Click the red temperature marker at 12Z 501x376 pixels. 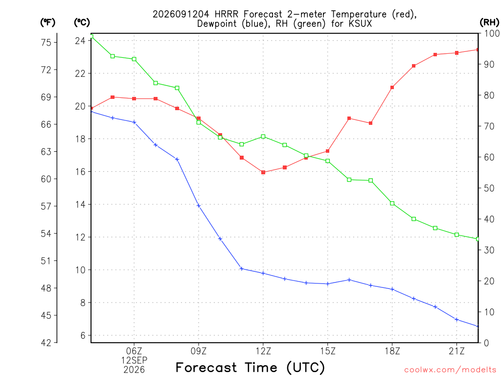263,172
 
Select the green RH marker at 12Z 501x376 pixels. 263,137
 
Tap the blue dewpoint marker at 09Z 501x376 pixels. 199,206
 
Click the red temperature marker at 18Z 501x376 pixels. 392,87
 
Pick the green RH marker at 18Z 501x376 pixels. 392,203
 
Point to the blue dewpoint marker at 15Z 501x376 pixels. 327,283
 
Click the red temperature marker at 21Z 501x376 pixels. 456,53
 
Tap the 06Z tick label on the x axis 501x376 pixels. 134,351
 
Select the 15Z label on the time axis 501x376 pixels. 327,351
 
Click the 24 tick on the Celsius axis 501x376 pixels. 80,41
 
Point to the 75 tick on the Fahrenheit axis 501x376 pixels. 46,42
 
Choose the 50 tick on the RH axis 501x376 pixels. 489,188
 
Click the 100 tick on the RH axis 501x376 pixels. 492,33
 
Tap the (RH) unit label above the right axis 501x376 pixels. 489,23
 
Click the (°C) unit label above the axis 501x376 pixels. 82,23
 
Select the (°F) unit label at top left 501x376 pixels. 47,23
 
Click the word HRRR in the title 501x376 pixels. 227,14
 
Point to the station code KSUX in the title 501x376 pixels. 360,23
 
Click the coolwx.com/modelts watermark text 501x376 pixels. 450,370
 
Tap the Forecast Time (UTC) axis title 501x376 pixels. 250,367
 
